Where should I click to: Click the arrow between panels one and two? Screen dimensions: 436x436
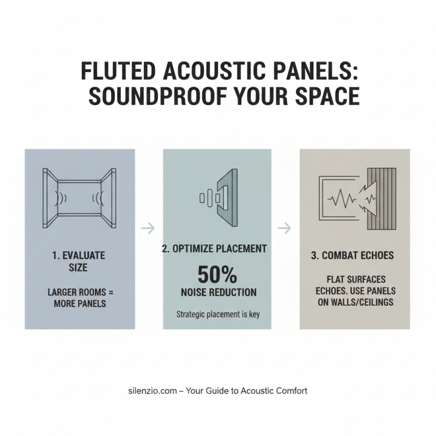pyautogui.click(x=148, y=228)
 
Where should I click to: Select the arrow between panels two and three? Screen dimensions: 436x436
pyautogui.click(x=284, y=228)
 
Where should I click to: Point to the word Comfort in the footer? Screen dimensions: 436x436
pyautogui.click(x=292, y=390)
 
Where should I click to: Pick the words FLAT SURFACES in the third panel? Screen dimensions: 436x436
pyautogui.click(x=355, y=279)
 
